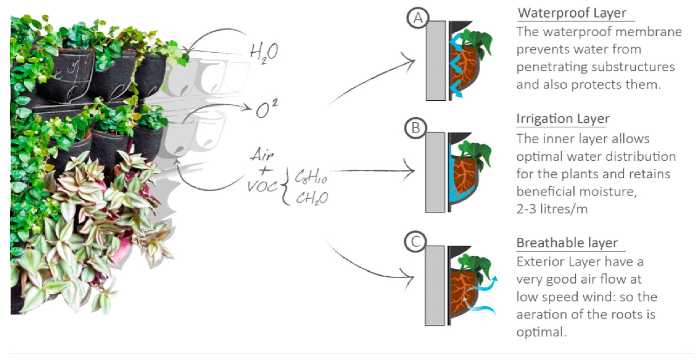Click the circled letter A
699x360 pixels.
[418, 18]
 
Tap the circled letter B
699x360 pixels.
[415, 128]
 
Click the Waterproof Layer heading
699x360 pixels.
[572, 13]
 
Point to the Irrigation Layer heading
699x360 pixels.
[563, 119]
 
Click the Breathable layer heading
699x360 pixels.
[567, 243]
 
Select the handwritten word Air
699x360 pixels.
[262, 155]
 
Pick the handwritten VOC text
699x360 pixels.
[262, 186]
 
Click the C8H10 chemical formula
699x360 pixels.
[311, 178]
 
